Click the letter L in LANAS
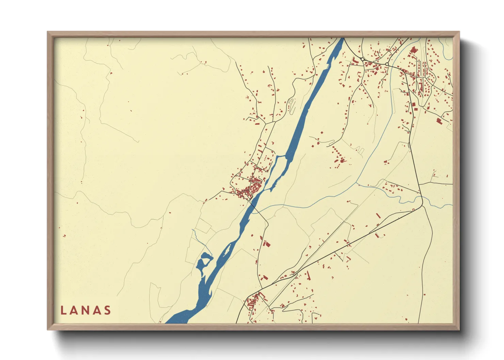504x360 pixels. point(63,310)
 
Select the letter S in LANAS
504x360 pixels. point(108,310)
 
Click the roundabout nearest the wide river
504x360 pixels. point(363,59)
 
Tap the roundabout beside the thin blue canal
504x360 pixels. point(387,64)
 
